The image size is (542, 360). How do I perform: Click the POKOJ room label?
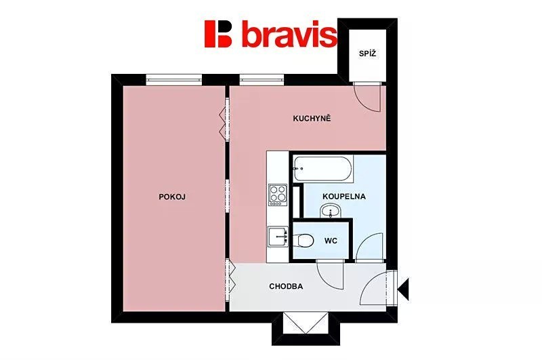[172, 197]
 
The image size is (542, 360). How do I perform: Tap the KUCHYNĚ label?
[312, 118]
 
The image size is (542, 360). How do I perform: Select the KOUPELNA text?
[344, 197]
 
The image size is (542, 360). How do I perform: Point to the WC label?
[331, 241]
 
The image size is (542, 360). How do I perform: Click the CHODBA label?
[286, 286]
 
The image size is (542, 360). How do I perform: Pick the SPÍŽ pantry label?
[367, 54]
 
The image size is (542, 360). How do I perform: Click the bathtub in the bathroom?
[323, 169]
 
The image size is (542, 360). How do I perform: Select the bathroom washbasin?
[331, 210]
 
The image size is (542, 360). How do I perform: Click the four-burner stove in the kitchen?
[278, 195]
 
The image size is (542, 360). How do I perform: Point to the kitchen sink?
[278, 237]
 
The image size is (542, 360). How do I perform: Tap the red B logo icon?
[218, 33]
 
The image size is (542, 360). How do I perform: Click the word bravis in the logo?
[289, 33]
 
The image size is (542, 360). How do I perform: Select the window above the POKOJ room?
[173, 80]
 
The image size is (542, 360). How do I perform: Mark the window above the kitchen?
[262, 80]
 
